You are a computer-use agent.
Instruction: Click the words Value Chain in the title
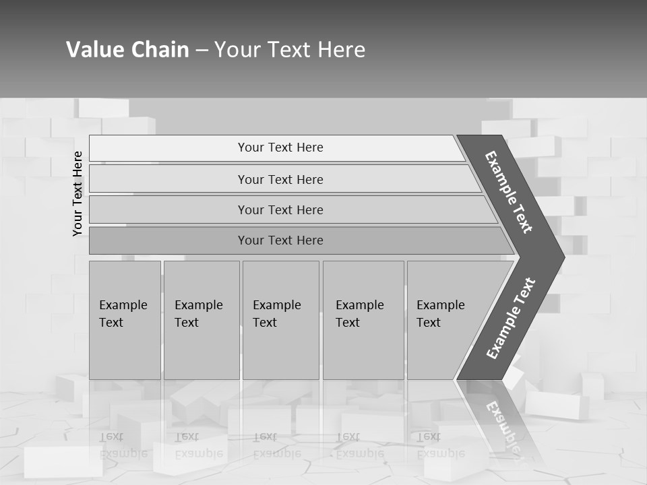[127, 50]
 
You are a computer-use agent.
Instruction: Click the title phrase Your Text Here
[290, 50]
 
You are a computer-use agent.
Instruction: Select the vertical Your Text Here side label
[78, 193]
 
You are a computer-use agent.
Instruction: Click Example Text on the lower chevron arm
[510, 319]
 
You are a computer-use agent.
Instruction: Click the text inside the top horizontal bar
[280, 148]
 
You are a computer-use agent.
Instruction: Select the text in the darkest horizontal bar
[280, 240]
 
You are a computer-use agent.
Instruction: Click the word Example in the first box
[123, 305]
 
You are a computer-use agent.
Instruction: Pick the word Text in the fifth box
[429, 323]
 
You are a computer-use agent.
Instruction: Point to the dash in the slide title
[202, 51]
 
